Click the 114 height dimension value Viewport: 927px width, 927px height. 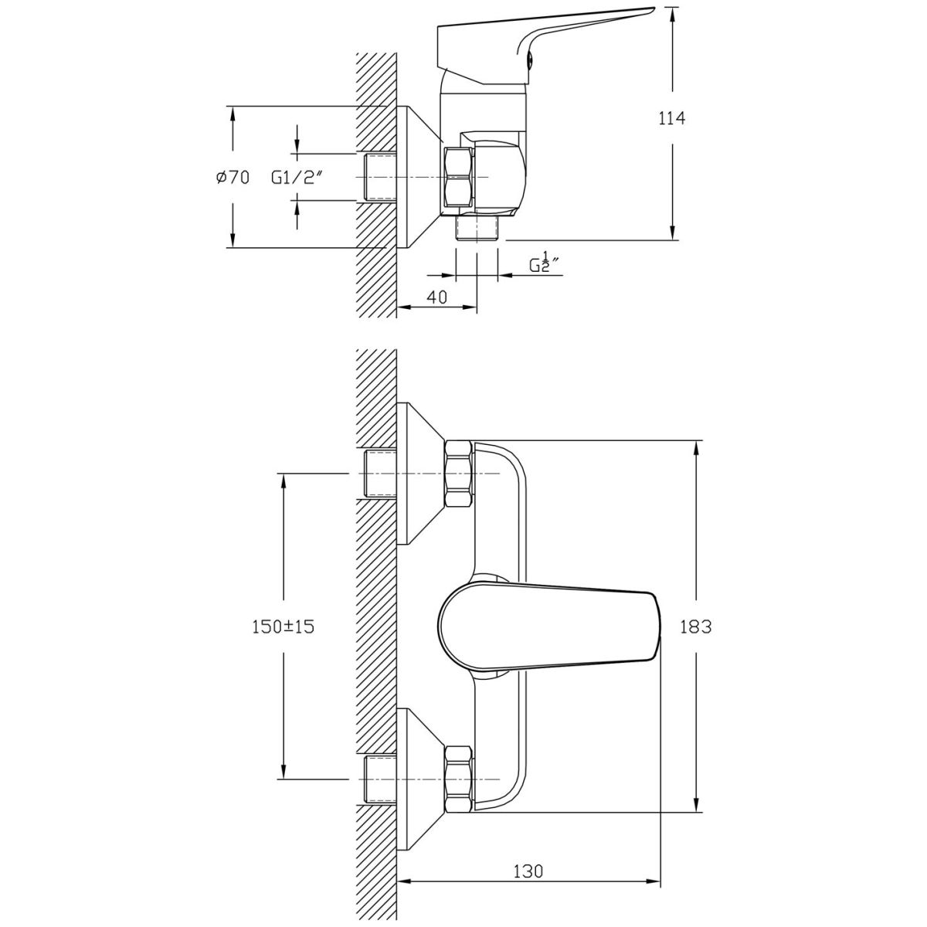[x=671, y=118]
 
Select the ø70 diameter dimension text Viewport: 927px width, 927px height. [x=233, y=178]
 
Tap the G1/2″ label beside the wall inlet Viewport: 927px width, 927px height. [x=296, y=178]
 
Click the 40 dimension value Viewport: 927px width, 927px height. [x=436, y=297]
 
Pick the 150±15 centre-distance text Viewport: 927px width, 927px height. [x=284, y=626]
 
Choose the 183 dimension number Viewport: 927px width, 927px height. [x=695, y=626]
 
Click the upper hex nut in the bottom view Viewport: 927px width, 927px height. [x=458, y=474]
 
